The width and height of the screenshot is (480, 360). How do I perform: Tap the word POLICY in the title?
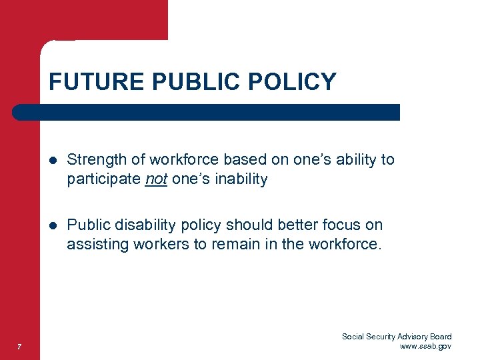click(x=294, y=82)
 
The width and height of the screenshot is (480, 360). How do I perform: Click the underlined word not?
click(x=156, y=179)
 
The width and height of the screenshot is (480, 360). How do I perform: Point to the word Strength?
click(x=96, y=160)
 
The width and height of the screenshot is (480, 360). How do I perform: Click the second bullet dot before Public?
click(x=53, y=225)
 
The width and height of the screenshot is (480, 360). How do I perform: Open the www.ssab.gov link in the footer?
click(x=425, y=347)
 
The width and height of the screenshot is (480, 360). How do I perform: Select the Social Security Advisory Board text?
click(x=397, y=337)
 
